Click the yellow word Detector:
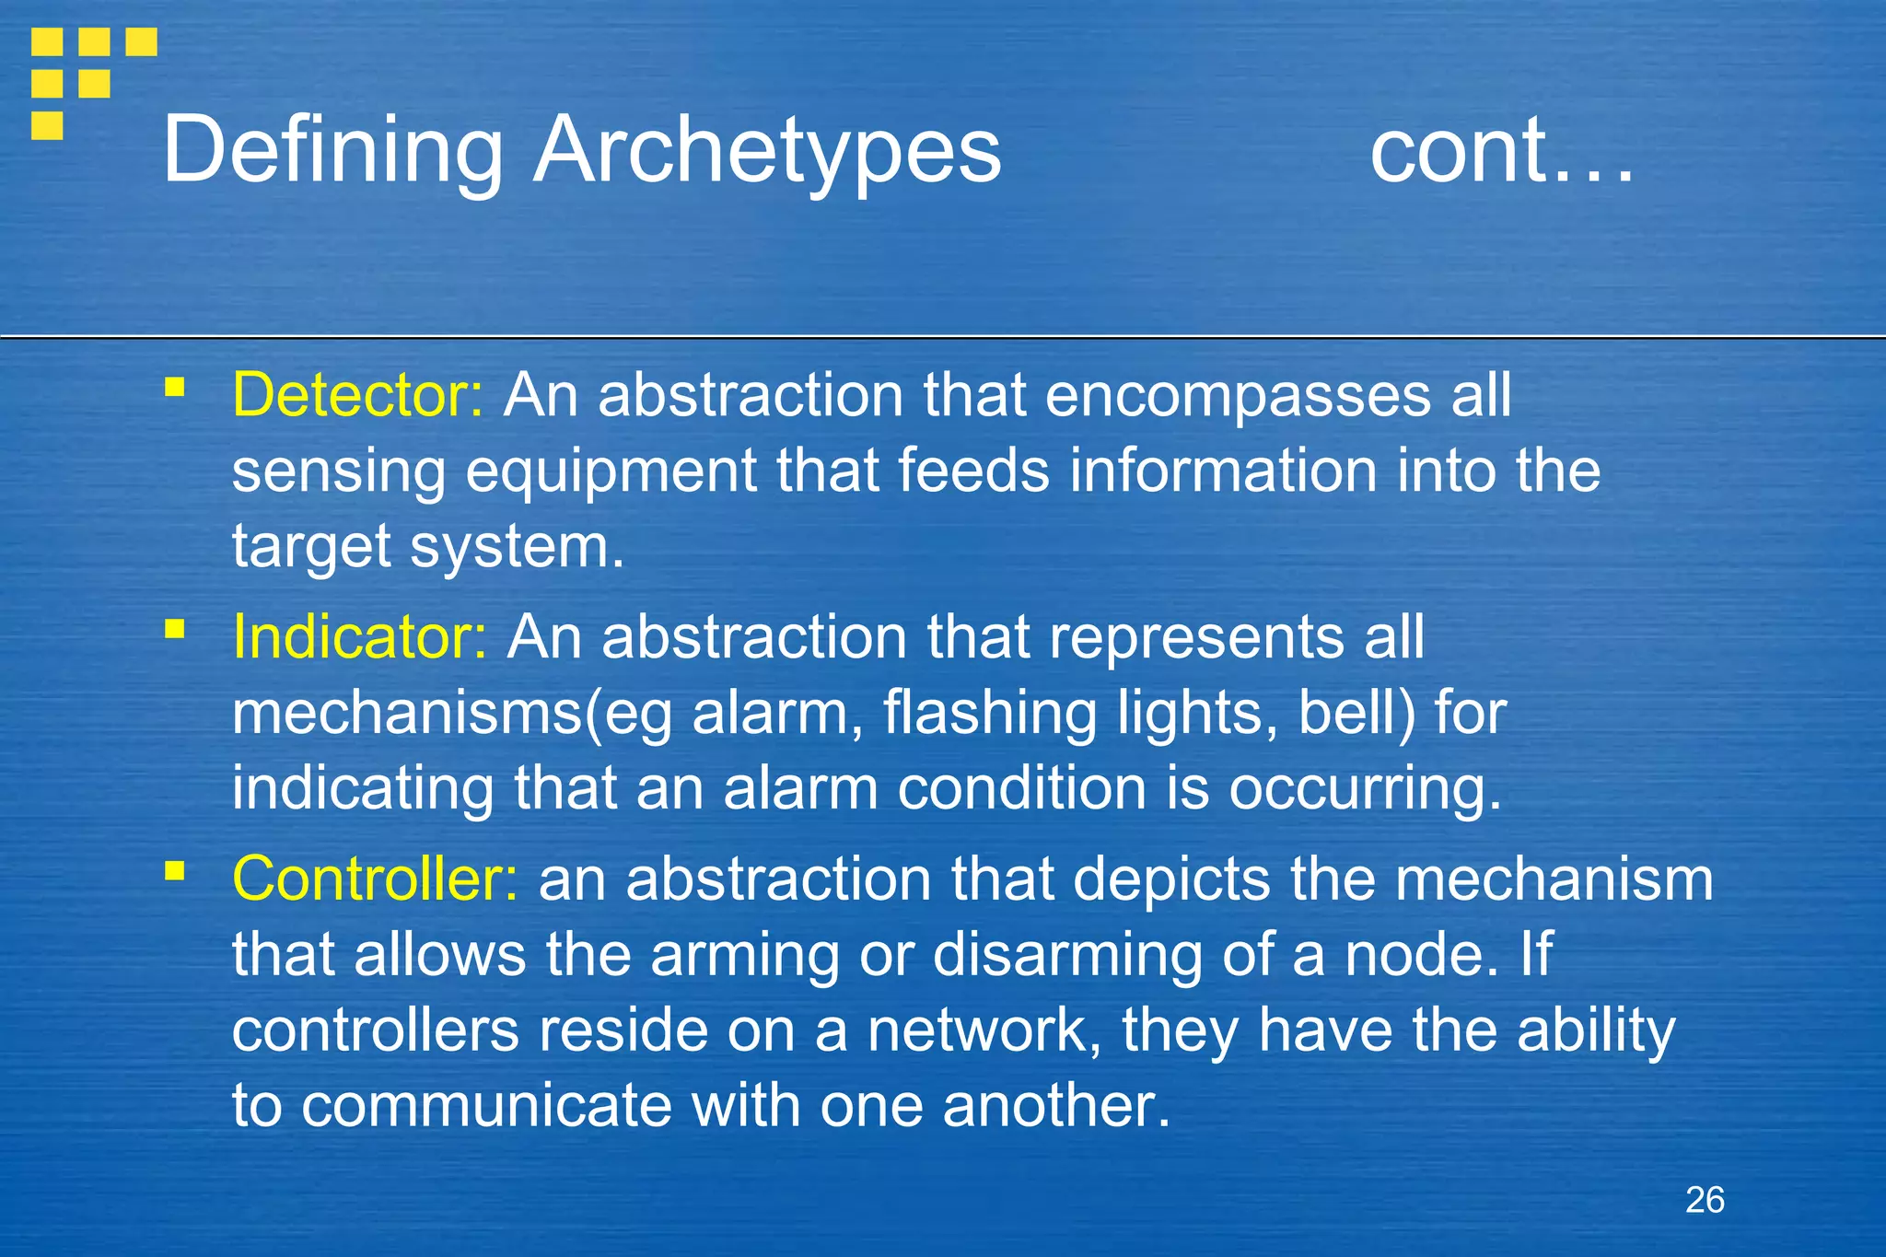[x=357, y=395]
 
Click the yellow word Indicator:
[x=359, y=636]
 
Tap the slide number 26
[x=1705, y=1200]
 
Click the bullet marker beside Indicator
[x=175, y=628]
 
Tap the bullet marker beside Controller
[x=175, y=869]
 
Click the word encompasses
[x=1238, y=397]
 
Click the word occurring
[x=1365, y=790]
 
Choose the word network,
[x=984, y=1030]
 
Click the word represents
[x=1196, y=636]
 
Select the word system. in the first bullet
[x=518, y=547]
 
